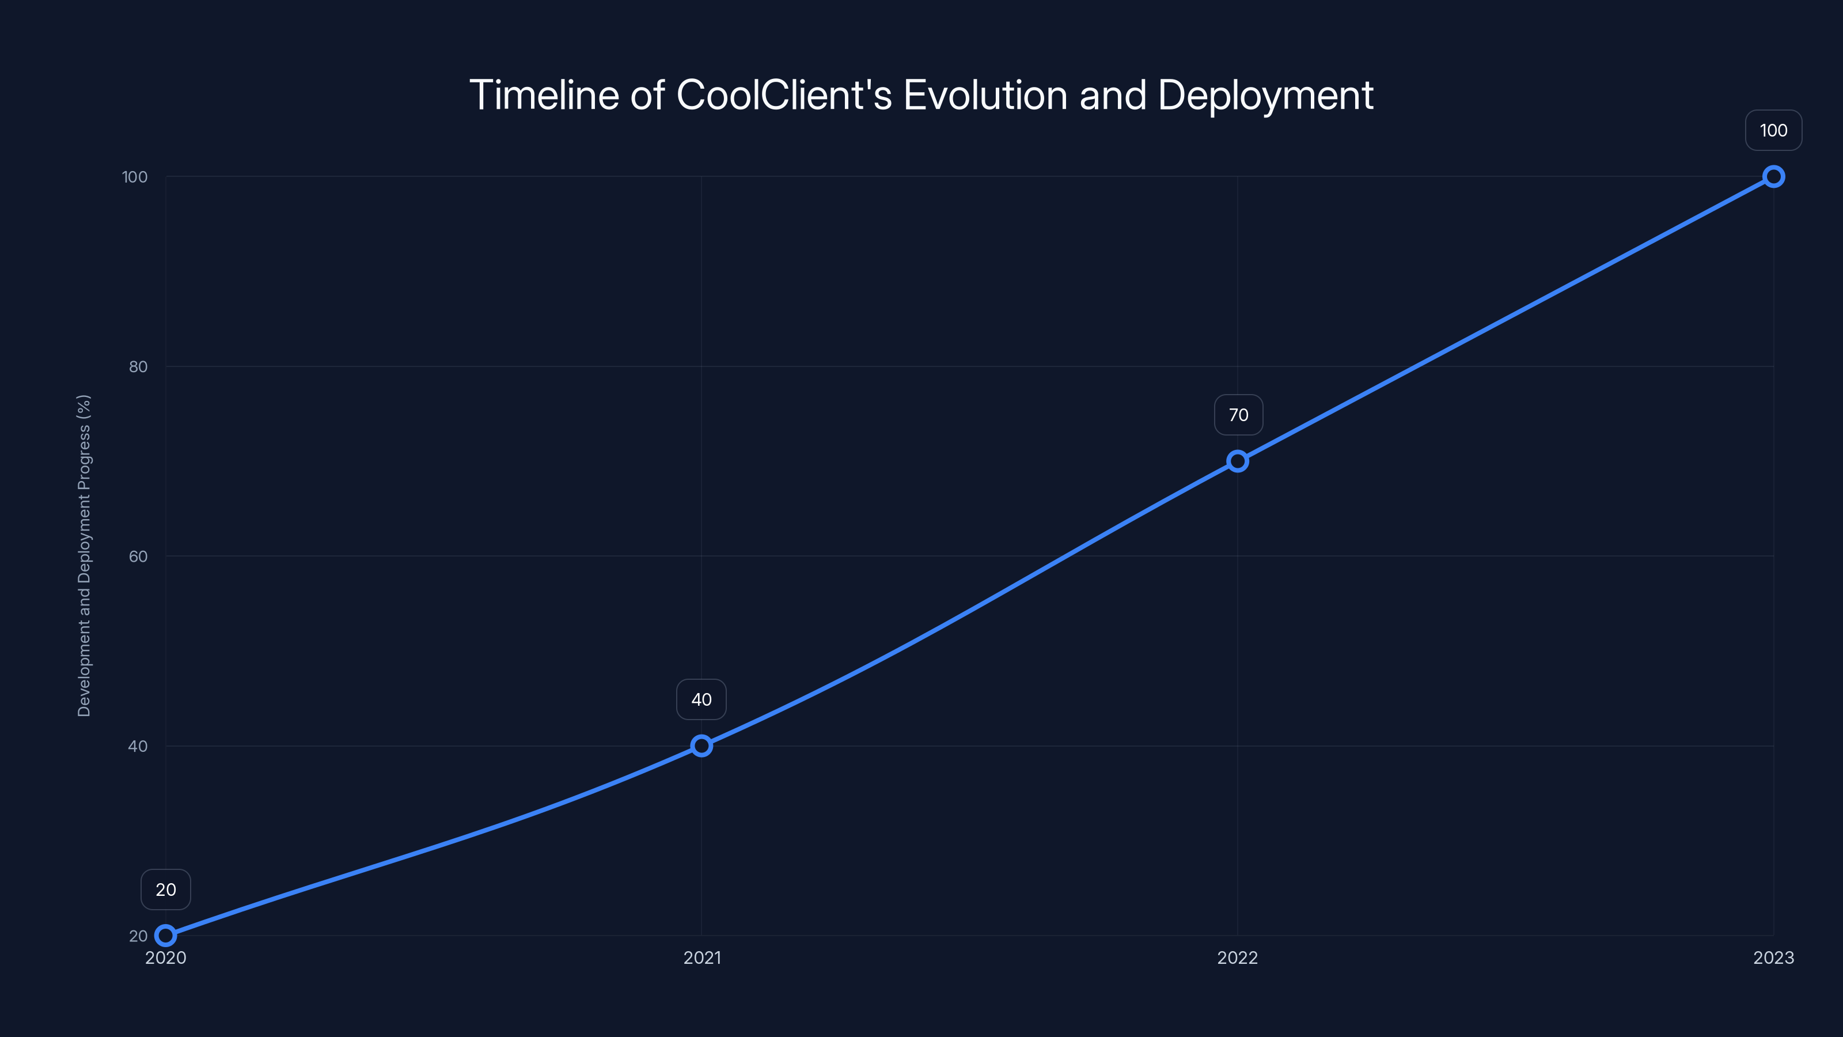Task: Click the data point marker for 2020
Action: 165,936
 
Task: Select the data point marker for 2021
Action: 701,745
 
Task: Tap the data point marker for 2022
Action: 1238,461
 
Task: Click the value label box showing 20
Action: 165,890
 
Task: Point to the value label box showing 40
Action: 701,699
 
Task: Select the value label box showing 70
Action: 1238,415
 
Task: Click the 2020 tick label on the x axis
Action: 165,957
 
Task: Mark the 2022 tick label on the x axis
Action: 1238,957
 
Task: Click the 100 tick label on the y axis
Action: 135,177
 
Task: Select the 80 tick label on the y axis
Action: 138,366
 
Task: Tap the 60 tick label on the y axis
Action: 138,556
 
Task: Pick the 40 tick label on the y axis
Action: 138,745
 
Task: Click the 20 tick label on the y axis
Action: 138,936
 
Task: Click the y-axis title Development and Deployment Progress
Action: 84,555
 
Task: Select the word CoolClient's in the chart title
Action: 784,95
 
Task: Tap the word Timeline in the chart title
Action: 544,95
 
